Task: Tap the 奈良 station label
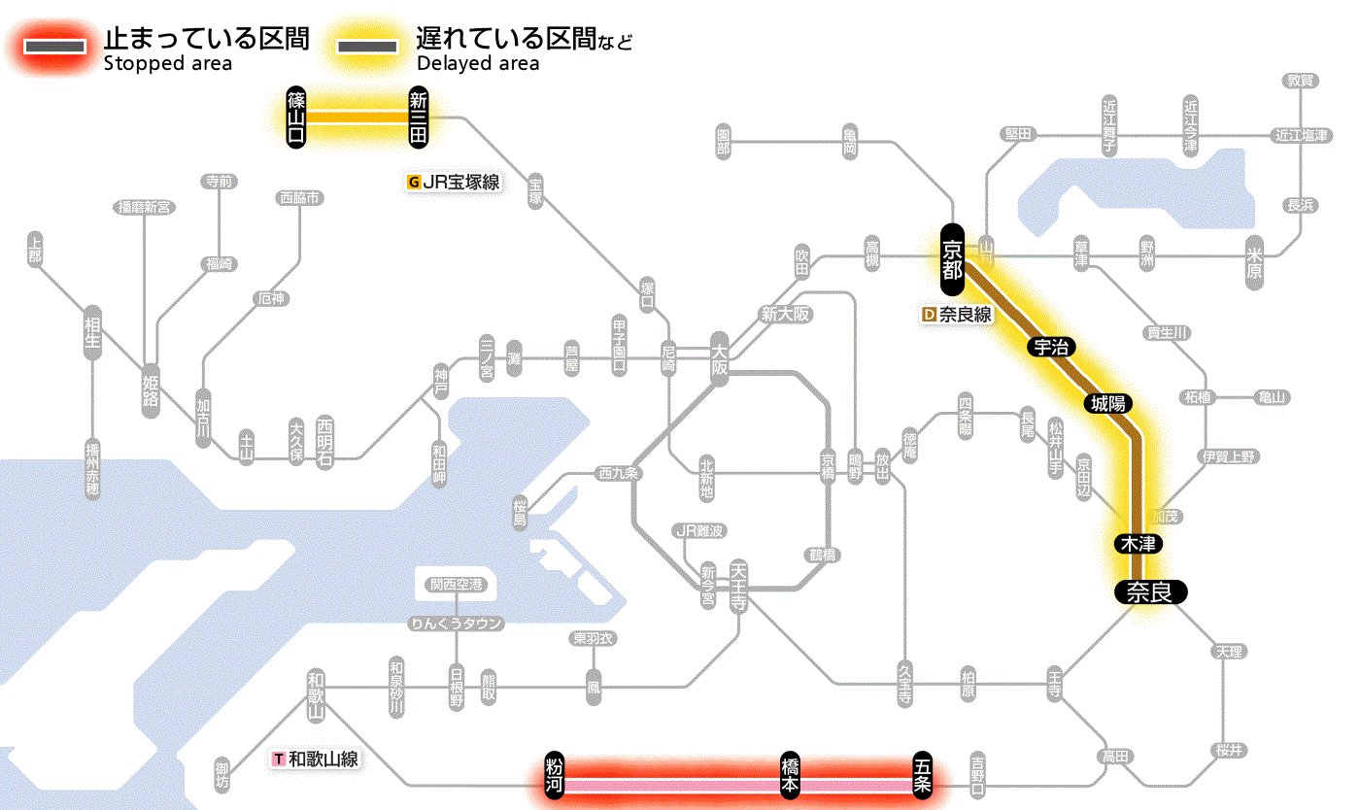coord(1149,591)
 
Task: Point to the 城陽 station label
coord(1109,403)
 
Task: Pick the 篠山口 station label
coord(296,117)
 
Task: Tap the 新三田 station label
coord(419,117)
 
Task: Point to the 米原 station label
coord(1256,262)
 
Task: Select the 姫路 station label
coord(151,390)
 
